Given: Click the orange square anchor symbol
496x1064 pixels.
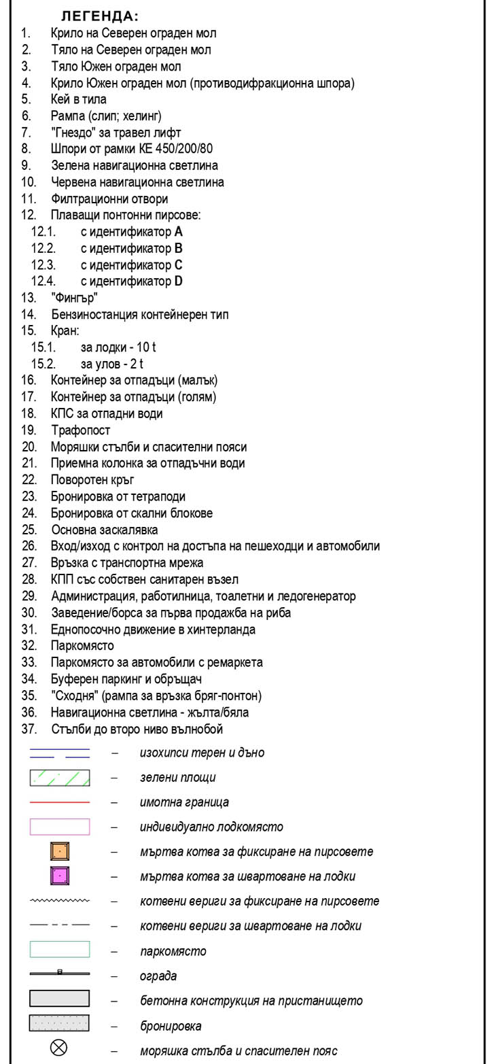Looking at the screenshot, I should [60, 851].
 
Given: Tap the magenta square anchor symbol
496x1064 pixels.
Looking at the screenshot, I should [60, 876].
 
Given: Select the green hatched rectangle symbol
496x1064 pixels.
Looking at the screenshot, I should [60, 777].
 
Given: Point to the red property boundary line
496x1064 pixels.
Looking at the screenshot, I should [60, 802].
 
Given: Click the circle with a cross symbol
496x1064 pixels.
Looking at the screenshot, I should [60, 1049].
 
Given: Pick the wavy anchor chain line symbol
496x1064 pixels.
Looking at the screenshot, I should [60, 901].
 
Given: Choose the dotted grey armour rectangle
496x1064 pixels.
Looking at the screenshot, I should [60, 1023].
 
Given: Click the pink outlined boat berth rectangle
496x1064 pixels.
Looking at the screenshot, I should [60, 827].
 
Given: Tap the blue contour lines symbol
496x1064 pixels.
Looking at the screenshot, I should [60, 753].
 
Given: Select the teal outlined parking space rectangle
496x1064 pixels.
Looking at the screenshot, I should [60, 950].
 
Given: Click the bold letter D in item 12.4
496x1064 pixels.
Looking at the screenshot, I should [179, 281].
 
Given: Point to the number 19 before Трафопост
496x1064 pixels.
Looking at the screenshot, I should [29, 430].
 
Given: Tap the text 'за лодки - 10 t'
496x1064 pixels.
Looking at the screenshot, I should [118, 347].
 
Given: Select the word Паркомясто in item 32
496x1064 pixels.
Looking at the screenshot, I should [82, 646].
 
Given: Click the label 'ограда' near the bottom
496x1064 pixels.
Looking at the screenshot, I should [158, 976].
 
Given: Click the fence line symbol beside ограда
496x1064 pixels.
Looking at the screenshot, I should [60, 974].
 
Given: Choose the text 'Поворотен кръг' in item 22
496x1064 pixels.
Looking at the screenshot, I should [93, 480].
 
